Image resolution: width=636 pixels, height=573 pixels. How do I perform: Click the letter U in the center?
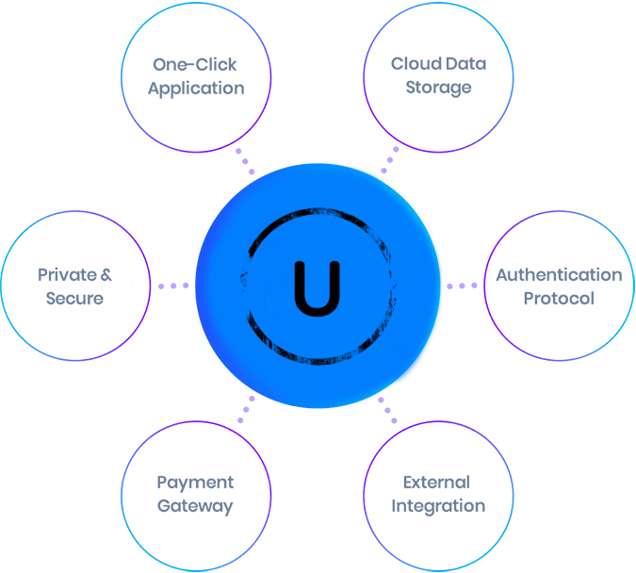pos(317,286)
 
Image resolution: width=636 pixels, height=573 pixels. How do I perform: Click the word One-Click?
pos(195,65)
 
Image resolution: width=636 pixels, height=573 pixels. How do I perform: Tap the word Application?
pos(196,89)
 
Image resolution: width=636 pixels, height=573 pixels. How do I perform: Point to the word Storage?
pos(439,89)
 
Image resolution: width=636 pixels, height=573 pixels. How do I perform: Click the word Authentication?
pos(559,275)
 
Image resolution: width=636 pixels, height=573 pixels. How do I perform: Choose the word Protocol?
pos(559,299)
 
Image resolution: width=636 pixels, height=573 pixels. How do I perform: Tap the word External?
pos(436,483)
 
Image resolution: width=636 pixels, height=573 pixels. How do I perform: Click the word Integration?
pos(438,506)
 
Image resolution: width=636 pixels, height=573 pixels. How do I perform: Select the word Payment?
pos(195,483)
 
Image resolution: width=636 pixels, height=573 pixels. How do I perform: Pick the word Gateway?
pos(195,506)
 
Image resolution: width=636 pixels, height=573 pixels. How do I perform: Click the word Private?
pos(67,275)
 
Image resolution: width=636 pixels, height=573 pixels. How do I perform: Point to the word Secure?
pos(74,299)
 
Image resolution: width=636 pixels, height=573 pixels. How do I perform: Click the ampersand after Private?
pos(106,275)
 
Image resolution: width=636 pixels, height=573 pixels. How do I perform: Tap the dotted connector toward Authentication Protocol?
pos(462,286)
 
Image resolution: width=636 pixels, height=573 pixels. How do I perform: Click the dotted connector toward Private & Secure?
pos(173,286)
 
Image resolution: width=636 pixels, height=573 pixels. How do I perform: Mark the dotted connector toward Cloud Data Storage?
pos(390,159)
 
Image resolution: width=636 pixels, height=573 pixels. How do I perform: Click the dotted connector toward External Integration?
pos(387,409)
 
